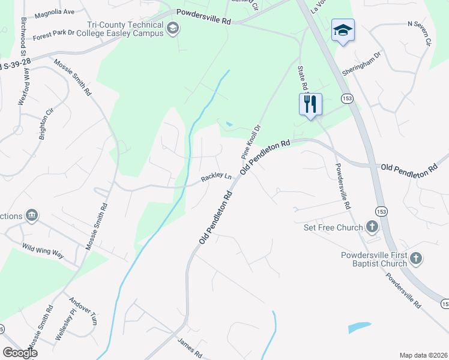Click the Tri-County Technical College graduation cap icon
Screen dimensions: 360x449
pyautogui.click(x=173, y=28)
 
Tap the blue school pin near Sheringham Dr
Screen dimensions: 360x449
pyautogui.click(x=343, y=30)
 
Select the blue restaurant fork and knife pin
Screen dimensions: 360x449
pyautogui.click(x=310, y=104)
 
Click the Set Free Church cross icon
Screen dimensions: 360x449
pyautogui.click(x=372, y=227)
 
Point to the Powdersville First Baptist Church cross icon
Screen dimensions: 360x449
pyautogui.click(x=415, y=259)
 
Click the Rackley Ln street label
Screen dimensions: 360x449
pyautogui.click(x=216, y=178)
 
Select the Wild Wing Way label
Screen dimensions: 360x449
pyautogui.click(x=43, y=250)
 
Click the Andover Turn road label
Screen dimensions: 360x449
pyautogui.click(x=83, y=310)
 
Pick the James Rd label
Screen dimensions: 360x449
pyautogui.click(x=190, y=347)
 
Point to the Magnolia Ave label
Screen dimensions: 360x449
pyautogui.click(x=54, y=12)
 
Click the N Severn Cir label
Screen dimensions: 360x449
pyautogui.click(x=419, y=34)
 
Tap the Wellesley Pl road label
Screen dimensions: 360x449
pyautogui.click(x=65, y=325)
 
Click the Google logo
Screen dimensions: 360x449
pyautogui.click(x=19, y=353)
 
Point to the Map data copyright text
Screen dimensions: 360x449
pyautogui.click(x=423, y=355)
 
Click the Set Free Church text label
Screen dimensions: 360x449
pyautogui.click(x=333, y=227)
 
